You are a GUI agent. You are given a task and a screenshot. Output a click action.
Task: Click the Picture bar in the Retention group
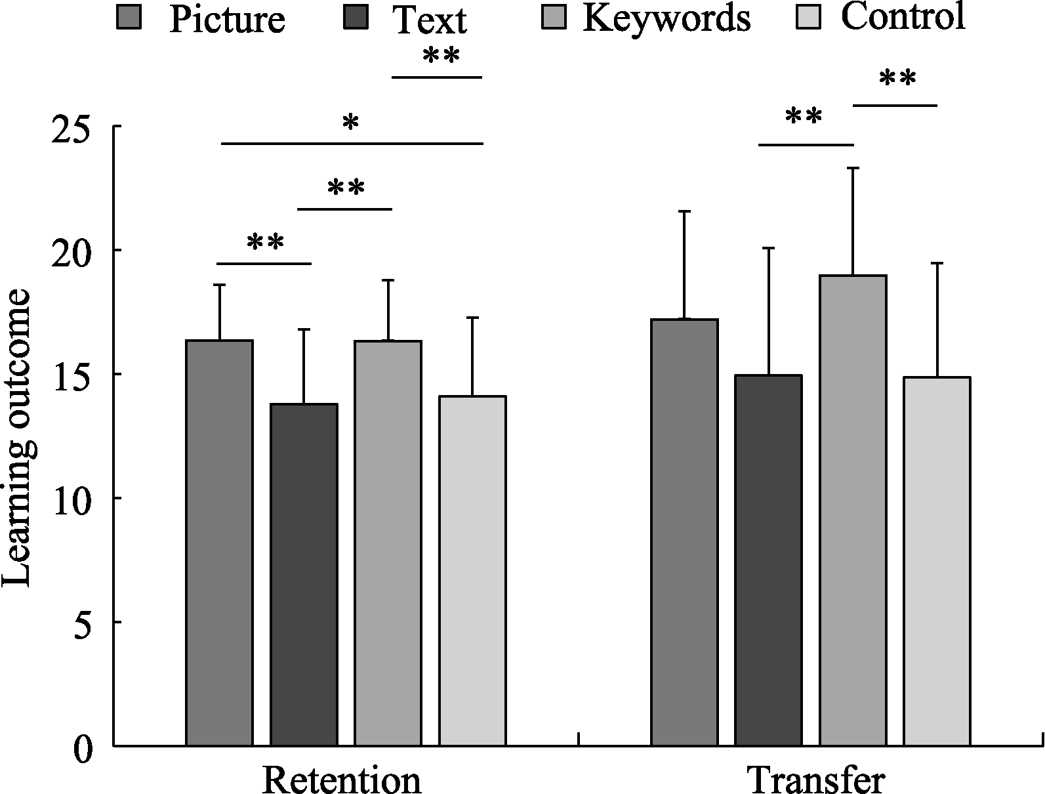220,543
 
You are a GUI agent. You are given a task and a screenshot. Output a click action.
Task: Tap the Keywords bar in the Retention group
388,543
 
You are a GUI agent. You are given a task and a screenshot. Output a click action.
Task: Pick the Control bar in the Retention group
472,571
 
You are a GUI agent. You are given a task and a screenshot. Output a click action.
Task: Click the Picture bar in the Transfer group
685,532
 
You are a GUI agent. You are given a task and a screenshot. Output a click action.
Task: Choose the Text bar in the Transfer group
769,560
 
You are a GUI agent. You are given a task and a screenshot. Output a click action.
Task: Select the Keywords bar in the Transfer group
853,510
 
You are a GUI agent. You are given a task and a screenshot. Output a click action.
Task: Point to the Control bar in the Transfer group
937,561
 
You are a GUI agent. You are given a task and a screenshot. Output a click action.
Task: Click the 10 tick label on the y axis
72,498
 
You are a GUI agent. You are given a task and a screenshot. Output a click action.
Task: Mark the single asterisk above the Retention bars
351,123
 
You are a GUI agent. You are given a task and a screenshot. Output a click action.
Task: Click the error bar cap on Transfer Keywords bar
853,169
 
